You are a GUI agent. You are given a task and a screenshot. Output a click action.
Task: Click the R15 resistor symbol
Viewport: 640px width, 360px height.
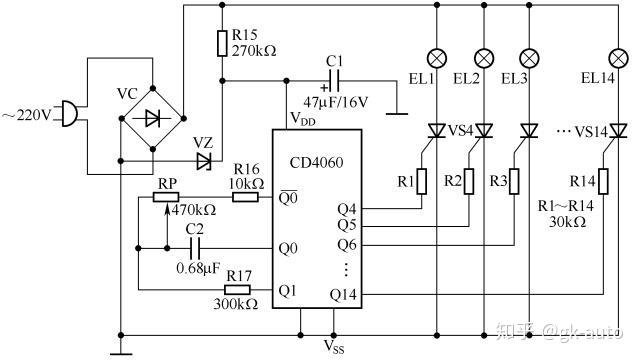click(222, 43)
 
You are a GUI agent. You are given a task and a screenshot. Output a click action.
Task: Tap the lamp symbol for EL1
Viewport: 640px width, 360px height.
click(437, 59)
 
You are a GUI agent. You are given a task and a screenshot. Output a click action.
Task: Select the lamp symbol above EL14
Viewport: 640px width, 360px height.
click(618, 59)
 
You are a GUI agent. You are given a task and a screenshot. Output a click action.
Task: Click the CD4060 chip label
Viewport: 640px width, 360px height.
click(316, 163)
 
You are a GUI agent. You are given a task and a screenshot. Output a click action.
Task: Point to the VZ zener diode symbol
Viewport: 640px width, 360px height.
click(203, 161)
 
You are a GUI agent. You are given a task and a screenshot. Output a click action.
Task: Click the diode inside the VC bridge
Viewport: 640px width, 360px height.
click(152, 119)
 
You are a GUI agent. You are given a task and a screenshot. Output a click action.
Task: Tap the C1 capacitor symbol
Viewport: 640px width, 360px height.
click(333, 81)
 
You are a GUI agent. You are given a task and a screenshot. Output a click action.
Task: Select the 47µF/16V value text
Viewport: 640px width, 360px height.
click(335, 102)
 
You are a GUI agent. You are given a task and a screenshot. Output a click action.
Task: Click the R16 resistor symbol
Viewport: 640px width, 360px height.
click(245, 198)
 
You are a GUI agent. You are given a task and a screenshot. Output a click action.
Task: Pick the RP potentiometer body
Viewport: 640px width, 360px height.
click(166, 198)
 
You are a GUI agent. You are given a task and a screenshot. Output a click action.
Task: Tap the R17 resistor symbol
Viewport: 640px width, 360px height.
click(237, 290)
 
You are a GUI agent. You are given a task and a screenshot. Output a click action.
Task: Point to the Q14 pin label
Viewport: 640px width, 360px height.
click(343, 294)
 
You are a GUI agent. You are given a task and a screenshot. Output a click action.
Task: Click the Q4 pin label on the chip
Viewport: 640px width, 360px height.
click(347, 209)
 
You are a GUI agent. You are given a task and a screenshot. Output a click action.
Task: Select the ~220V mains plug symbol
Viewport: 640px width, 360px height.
click(70, 114)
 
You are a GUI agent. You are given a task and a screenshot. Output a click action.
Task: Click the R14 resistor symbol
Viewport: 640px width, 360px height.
click(603, 181)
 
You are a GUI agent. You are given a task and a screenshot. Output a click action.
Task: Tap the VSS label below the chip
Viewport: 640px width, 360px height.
click(334, 346)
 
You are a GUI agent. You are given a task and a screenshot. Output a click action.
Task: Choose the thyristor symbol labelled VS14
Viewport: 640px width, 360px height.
click(618, 131)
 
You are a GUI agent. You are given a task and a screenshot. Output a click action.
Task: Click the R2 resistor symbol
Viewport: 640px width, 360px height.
click(469, 181)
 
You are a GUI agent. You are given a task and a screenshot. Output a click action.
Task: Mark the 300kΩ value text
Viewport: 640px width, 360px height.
click(236, 304)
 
